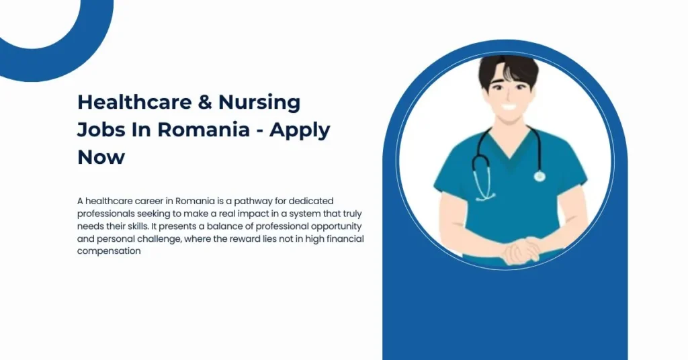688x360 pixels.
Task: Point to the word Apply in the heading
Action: point(300,130)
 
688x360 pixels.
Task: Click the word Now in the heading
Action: point(101,157)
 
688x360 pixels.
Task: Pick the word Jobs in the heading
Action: point(101,130)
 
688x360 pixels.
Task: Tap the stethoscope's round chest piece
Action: point(539,176)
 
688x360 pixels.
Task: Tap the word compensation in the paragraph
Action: point(109,251)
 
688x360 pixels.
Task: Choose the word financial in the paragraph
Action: point(342,238)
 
